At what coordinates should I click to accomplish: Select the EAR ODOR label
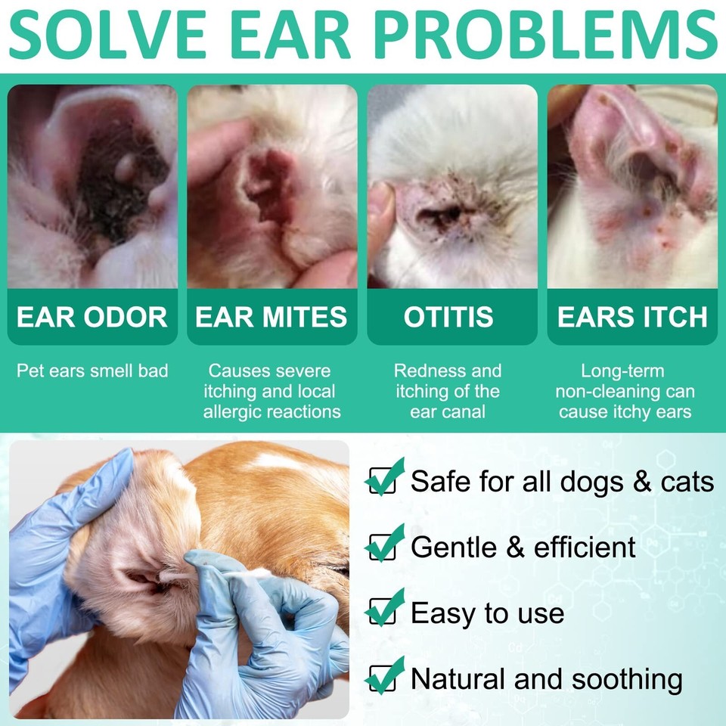92,317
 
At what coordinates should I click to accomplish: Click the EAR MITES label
271,317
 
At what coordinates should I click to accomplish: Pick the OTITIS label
448,317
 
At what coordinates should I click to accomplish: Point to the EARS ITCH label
632,317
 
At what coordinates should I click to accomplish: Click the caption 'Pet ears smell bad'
92,371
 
